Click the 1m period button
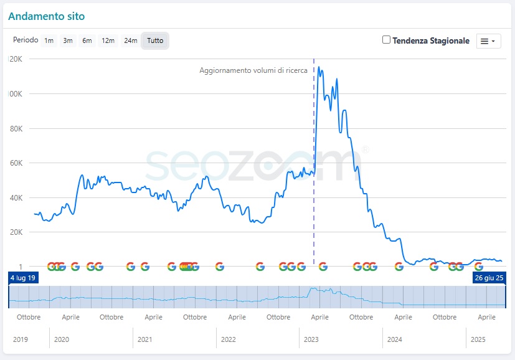[x=49, y=40]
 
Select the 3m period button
[x=68, y=40]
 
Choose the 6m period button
[x=87, y=40]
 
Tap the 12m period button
[x=108, y=40]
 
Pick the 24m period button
[x=130, y=40]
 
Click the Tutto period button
[x=155, y=40]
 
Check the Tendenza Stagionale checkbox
[x=387, y=40]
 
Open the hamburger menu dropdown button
[x=488, y=40]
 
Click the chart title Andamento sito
[x=47, y=16]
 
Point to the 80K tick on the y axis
[x=15, y=129]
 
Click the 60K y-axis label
[x=15, y=163]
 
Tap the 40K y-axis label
[x=15, y=198]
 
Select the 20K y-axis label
[x=15, y=232]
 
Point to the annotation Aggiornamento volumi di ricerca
[x=253, y=70]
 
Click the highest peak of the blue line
[x=319, y=67]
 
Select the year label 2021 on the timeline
[x=144, y=339]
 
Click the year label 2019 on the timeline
[x=21, y=339]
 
